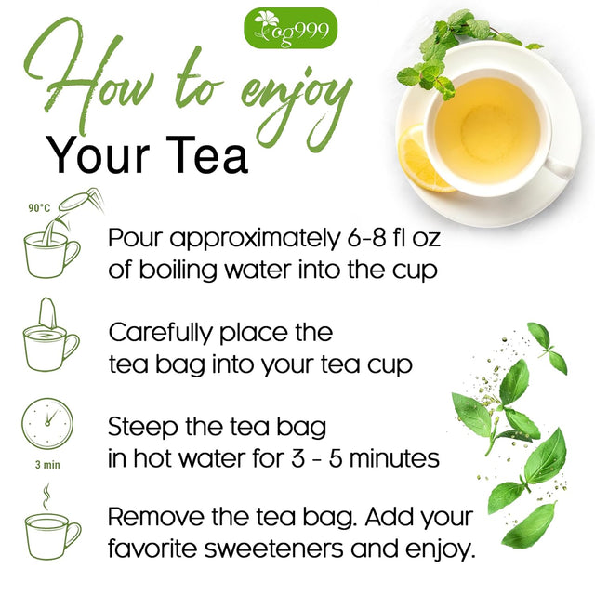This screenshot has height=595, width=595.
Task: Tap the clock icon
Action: (x=46, y=424)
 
